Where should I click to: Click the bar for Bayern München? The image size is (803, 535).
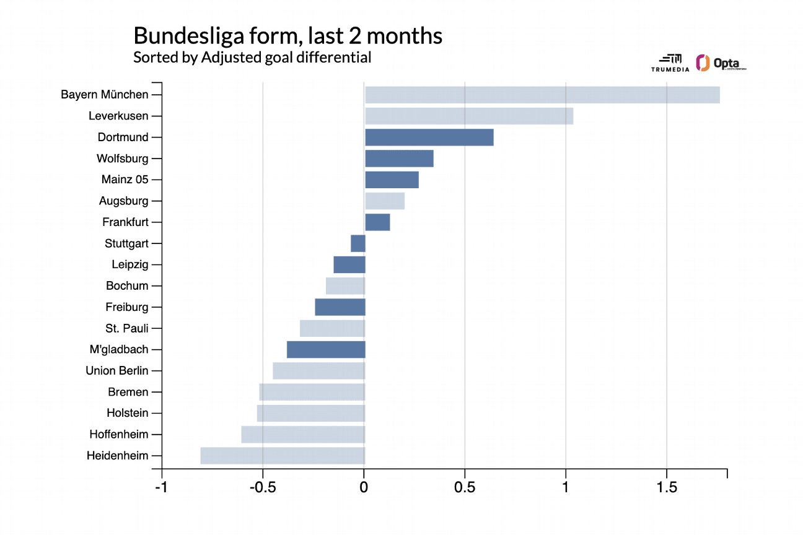[x=542, y=95]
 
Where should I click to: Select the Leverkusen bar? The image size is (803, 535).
[x=469, y=116]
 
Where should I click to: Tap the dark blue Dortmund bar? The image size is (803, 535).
[x=429, y=137]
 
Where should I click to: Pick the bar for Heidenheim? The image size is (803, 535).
[x=283, y=456]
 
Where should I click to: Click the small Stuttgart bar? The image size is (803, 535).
[x=358, y=243]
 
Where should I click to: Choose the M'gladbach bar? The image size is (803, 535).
[x=326, y=349]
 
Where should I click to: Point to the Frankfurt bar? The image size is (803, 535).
[x=377, y=222]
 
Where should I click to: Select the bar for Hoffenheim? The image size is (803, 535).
[x=303, y=435]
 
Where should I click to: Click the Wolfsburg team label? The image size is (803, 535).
[x=123, y=159]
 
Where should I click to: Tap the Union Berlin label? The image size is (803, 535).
[x=117, y=371]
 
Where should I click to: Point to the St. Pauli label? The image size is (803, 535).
[x=127, y=328]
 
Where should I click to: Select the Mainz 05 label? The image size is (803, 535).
[x=125, y=180]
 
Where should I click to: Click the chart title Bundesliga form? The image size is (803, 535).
[x=288, y=36]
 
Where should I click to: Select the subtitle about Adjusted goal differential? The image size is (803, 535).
[x=252, y=58]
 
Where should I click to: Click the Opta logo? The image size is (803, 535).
[x=721, y=63]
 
